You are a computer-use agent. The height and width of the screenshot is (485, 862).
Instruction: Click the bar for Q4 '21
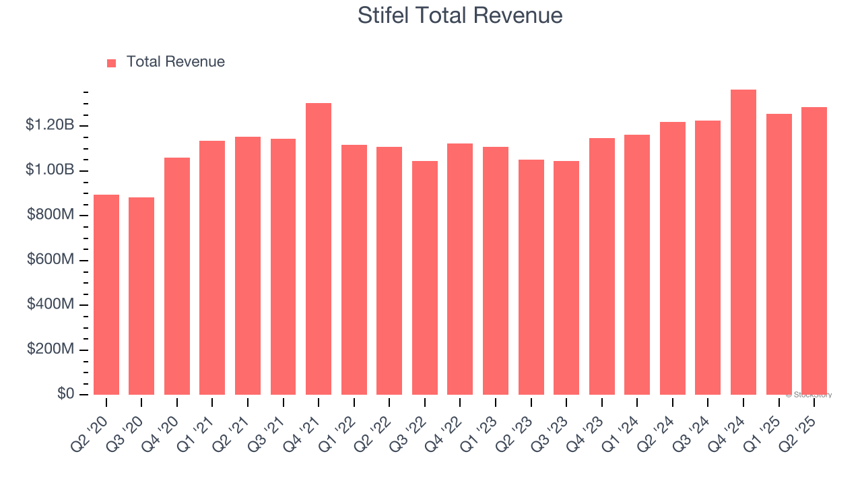(319, 249)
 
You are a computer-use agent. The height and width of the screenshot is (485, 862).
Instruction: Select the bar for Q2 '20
(106, 295)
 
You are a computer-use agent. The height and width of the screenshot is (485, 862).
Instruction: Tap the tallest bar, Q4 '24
(743, 243)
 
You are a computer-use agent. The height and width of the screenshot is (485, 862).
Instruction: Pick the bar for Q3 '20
(141, 296)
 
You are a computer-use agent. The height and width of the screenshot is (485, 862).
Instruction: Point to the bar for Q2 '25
(814, 251)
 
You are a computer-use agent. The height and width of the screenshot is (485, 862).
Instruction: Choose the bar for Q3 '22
(425, 278)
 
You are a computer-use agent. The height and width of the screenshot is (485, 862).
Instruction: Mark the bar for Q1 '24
(637, 265)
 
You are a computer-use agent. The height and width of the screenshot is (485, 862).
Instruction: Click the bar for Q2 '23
(531, 278)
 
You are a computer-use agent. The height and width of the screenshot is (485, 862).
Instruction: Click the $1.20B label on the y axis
(51, 125)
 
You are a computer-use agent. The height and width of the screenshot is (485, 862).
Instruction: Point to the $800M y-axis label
(51, 215)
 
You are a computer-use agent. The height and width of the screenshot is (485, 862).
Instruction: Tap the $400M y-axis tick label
(51, 304)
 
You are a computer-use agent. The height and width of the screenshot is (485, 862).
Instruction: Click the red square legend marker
(112, 63)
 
